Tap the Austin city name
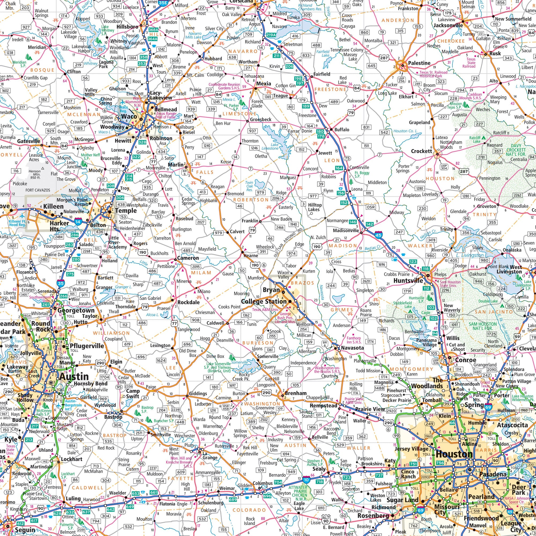[74, 377]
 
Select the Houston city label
[454, 454]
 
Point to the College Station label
[264, 301]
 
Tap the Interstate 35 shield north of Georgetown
[61, 283]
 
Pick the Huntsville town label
[408, 281]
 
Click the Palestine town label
[419, 63]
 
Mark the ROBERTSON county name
[251, 199]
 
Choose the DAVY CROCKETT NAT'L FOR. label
[516, 150]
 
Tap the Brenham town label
[296, 393]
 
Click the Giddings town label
[198, 393]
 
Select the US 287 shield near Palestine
[384, 58]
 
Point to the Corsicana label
[241, 1]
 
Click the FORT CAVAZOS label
[38, 190]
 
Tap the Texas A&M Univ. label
[265, 310]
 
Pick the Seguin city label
[25, 530]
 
